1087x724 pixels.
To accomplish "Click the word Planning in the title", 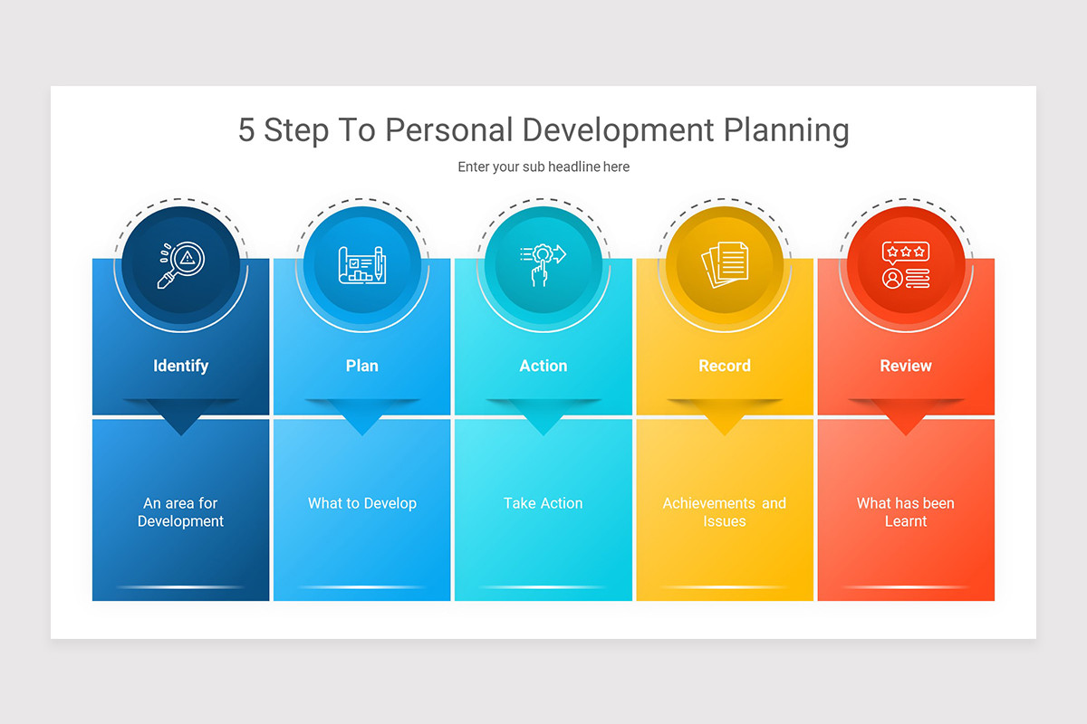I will click(786, 130).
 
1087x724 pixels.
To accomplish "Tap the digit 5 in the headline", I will click(246, 130).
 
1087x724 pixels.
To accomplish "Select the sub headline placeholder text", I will click(543, 167).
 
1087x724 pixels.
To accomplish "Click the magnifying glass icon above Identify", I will click(180, 265).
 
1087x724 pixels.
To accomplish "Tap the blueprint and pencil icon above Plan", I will click(361, 265).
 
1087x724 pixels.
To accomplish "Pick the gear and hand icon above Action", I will click(543, 265).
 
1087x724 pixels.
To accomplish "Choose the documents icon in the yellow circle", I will click(724, 265).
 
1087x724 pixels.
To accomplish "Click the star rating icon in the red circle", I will click(905, 265).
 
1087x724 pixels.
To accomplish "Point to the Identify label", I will click(180, 366).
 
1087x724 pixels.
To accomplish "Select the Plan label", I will click(361, 366).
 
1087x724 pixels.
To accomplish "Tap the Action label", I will click(543, 366).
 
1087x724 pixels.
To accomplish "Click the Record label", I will click(724, 366).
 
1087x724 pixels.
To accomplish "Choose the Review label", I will click(905, 366).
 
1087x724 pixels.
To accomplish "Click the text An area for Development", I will click(180, 512).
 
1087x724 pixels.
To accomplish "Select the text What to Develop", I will click(361, 503).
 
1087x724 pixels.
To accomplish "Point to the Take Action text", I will click(543, 503).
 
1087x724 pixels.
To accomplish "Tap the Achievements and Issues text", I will click(724, 512).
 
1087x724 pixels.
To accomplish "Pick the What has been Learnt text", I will click(905, 512).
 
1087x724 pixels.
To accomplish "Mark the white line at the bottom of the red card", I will click(905, 587).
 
